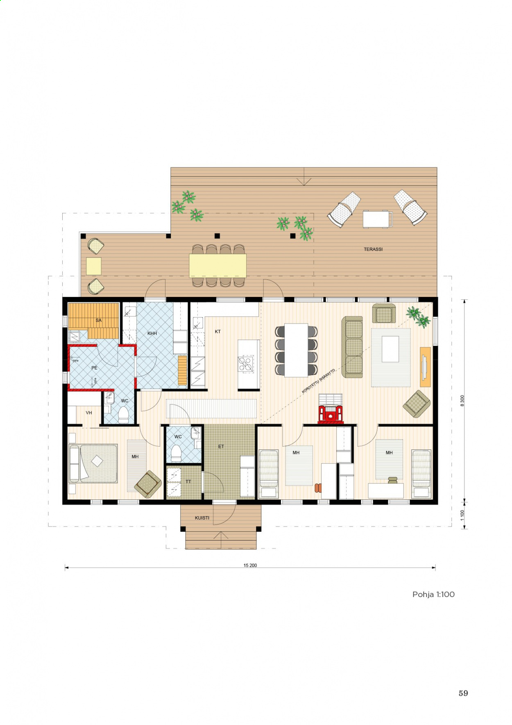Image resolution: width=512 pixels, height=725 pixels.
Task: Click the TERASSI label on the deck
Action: tap(373, 249)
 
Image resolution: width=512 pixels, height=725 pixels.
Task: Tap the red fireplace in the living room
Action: tap(331, 413)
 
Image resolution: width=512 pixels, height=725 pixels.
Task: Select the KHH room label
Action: tap(152, 333)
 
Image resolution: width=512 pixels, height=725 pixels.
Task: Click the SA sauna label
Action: tap(98, 320)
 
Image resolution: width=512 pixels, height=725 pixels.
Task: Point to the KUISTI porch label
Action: tap(202, 518)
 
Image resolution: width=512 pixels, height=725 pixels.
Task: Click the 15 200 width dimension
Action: tap(250, 565)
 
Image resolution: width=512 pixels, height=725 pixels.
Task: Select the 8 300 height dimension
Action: tap(462, 401)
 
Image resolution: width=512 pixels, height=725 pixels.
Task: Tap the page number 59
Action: tap(463, 693)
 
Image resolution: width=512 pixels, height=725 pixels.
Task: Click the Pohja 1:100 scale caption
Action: tap(433, 595)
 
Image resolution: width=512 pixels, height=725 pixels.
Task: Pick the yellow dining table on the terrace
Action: tap(217, 266)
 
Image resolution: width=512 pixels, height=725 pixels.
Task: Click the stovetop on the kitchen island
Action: tap(246, 364)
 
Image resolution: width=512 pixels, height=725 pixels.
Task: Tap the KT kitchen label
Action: tap(217, 331)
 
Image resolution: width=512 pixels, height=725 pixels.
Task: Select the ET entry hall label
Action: tap(221, 447)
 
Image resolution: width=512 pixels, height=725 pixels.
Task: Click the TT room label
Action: tap(188, 481)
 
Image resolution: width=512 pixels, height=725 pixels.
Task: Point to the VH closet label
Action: tap(89, 413)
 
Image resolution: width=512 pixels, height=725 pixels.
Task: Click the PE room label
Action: tap(94, 368)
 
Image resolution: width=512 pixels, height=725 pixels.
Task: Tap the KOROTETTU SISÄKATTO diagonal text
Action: tap(319, 381)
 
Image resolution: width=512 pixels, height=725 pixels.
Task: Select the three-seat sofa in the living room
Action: tap(352, 347)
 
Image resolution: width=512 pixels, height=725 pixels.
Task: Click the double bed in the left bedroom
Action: tap(93, 463)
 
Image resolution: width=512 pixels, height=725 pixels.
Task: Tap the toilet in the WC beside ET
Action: tap(176, 454)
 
